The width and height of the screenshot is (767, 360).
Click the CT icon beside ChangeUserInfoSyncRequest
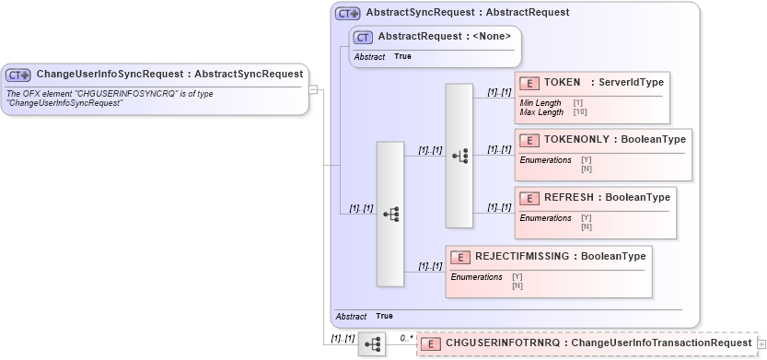[x=19, y=75]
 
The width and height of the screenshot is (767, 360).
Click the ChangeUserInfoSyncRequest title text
[x=169, y=75]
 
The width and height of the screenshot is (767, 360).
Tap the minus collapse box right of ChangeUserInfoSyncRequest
[x=313, y=89]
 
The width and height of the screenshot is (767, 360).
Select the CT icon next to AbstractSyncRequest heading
[x=347, y=14]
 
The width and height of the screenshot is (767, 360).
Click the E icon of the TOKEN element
[x=529, y=83]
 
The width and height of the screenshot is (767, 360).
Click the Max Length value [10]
[x=579, y=112]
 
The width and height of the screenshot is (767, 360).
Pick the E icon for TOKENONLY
[x=529, y=140]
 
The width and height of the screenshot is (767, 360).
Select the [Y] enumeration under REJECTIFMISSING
[x=517, y=276]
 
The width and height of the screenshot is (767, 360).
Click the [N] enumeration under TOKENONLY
[x=587, y=168]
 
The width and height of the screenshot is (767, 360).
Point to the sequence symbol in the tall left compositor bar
[x=390, y=214]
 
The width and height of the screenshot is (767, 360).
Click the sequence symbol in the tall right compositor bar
[x=459, y=156]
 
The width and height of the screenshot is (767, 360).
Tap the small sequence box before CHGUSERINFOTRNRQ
[x=372, y=343]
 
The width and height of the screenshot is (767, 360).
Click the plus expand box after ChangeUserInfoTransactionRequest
[x=761, y=343]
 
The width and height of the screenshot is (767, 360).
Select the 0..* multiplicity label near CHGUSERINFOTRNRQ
[x=406, y=338]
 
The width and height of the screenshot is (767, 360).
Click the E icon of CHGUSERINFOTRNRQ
[x=431, y=343]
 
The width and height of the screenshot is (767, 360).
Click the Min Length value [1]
[x=577, y=103]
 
